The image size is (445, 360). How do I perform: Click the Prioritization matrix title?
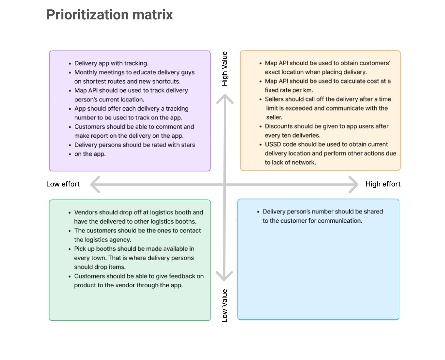coord(109,15)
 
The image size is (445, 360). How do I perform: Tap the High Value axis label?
coord(225,69)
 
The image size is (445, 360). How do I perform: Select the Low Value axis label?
coord(225,305)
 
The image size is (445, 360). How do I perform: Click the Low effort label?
coord(63,184)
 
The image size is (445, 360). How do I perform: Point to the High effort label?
coord(383,184)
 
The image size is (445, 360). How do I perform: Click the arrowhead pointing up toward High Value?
coord(225,99)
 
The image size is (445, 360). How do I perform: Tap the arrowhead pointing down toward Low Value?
coord(224,276)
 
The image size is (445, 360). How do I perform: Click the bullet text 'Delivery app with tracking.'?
coord(111,63)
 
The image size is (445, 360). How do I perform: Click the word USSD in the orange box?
coord(273,144)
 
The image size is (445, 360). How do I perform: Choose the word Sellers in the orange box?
coord(274,99)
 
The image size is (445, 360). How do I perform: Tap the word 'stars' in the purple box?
coord(188,145)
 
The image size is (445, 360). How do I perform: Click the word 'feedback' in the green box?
coord(180,276)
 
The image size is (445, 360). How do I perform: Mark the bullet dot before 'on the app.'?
coord(70,154)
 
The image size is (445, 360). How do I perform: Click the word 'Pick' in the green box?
coord(80,249)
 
